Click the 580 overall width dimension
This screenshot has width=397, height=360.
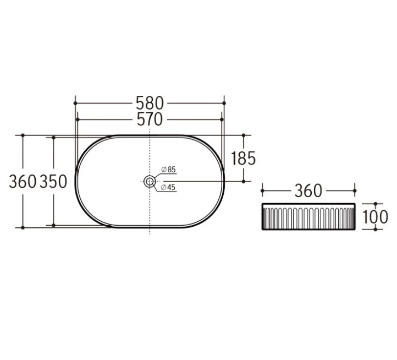tap(150, 103)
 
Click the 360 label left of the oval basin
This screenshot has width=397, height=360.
tap(23, 181)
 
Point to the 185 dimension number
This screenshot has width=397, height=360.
tap(244, 159)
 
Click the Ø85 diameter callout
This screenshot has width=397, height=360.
tap(168, 170)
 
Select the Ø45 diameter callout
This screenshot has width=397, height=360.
tap(168, 188)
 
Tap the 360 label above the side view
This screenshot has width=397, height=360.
tap(308, 191)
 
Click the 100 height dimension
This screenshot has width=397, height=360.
tap(376, 216)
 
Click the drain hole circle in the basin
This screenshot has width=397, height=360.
tap(150, 181)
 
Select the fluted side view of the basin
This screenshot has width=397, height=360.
tap(308, 216)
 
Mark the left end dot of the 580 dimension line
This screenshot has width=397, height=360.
tap(75, 103)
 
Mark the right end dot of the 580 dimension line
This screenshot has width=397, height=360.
tap(224, 103)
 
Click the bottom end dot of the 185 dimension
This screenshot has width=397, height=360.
tap(244, 181)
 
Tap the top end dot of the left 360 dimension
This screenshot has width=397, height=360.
tap(23, 135)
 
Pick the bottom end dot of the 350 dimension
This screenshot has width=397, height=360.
tap(53, 225)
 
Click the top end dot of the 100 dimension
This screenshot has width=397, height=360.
tap(376, 204)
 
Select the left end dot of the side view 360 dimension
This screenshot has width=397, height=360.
tap(262, 191)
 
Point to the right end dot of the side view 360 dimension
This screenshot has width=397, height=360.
tap(355, 191)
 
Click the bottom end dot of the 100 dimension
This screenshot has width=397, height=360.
tap(376, 229)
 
